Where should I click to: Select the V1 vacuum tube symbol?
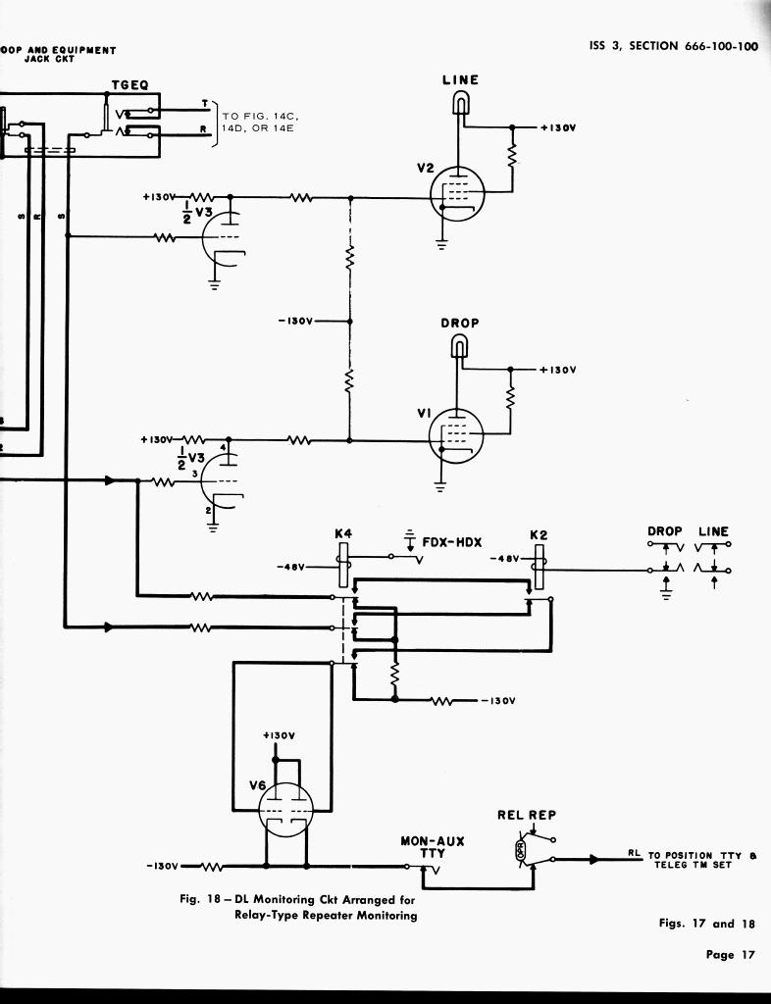click(456, 435)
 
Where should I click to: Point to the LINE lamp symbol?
click(460, 101)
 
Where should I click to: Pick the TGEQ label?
click(129, 85)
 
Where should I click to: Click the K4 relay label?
click(343, 534)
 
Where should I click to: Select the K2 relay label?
click(539, 534)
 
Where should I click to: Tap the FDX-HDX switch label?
click(452, 541)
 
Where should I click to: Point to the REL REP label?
click(527, 815)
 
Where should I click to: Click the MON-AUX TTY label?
click(432, 847)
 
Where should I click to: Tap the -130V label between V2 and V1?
click(295, 321)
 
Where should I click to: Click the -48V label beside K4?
click(291, 567)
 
